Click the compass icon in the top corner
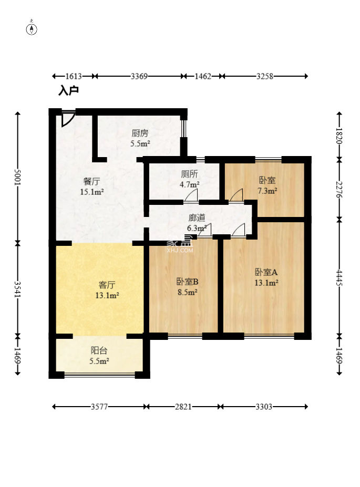click(32, 28)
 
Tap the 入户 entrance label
click(68, 91)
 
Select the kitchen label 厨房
click(140, 133)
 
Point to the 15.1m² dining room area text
click(91, 192)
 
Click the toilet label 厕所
click(190, 174)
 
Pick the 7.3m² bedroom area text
click(267, 191)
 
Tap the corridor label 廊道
click(197, 218)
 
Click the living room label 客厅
click(107, 285)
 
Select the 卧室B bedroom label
click(187, 282)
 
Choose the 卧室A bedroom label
click(266, 272)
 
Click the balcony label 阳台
click(99, 350)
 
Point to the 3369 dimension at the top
click(139, 76)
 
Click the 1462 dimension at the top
click(203, 76)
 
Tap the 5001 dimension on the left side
click(18, 178)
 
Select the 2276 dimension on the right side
click(339, 190)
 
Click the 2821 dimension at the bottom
click(183, 407)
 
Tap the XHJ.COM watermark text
click(180, 250)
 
